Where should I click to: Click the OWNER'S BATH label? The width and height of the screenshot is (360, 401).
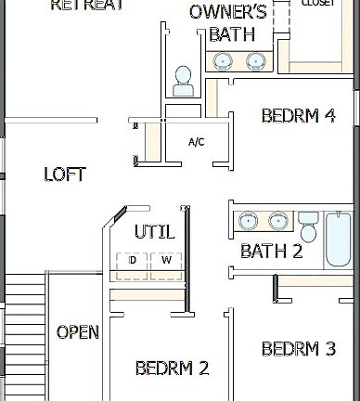227,23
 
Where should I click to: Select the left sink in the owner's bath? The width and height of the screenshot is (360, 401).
224,61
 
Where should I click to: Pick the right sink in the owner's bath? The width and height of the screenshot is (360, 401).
256,61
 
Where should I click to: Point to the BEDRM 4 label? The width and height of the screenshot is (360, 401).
298,116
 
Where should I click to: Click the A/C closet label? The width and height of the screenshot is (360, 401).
197,142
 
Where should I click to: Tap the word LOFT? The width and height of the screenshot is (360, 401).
65,175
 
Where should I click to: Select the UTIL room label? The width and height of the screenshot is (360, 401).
154,231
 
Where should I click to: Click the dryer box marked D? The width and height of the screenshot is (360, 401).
133,261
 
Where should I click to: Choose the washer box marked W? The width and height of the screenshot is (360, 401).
166,261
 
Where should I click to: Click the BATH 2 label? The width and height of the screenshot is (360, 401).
271,251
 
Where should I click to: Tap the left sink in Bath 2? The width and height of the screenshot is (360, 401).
248,221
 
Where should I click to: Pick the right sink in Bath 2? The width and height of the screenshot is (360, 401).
277,221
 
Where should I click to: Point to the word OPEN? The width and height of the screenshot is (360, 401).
78,332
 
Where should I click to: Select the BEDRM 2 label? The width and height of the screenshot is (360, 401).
172,368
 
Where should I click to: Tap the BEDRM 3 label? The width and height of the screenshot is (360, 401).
298,349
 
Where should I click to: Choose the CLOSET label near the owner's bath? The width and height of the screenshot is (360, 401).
320,3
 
